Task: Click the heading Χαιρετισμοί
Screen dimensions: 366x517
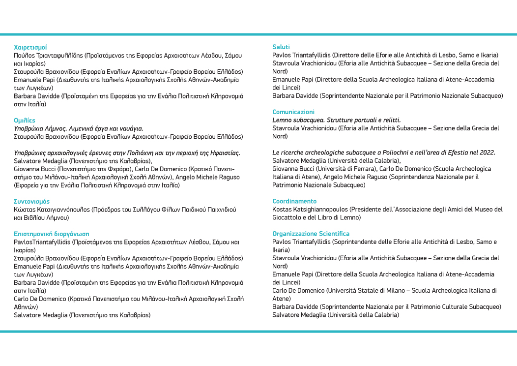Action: pyautogui.click(x=30, y=47)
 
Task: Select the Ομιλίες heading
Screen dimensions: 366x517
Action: pyautogui.click(x=25, y=120)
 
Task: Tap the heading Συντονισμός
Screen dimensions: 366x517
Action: pyautogui.click(x=31, y=201)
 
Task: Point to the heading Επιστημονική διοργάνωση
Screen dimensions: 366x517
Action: pyautogui.click(x=52, y=234)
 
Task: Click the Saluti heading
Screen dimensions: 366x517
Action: pyautogui.click(x=281, y=47)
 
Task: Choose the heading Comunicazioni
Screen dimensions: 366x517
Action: pyautogui.click(x=293, y=112)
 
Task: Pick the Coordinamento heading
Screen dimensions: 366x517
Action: pyautogui.click(x=294, y=201)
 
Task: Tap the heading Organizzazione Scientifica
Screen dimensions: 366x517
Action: pyautogui.click(x=311, y=234)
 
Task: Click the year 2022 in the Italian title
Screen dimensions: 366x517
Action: pyautogui.click(x=487, y=152)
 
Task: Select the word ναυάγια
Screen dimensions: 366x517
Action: pyautogui.click(x=131, y=128)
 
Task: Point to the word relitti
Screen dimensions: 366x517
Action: pyautogui.click(x=389, y=120)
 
